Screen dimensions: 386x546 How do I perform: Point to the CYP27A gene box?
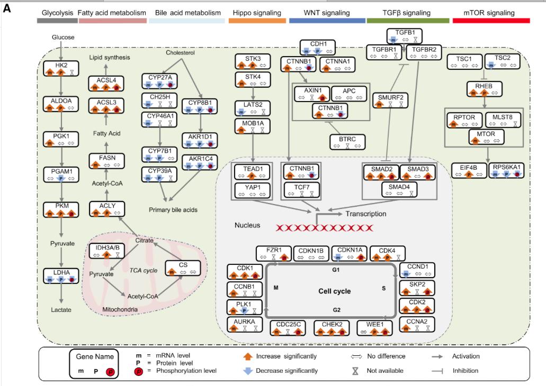(x=160, y=80)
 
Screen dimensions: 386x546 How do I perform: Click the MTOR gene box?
(x=485, y=138)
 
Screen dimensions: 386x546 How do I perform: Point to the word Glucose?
(x=63, y=37)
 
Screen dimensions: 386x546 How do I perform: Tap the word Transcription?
(x=366, y=214)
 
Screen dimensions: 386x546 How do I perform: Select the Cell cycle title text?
(x=334, y=291)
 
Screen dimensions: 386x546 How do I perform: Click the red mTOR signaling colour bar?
(x=491, y=20)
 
